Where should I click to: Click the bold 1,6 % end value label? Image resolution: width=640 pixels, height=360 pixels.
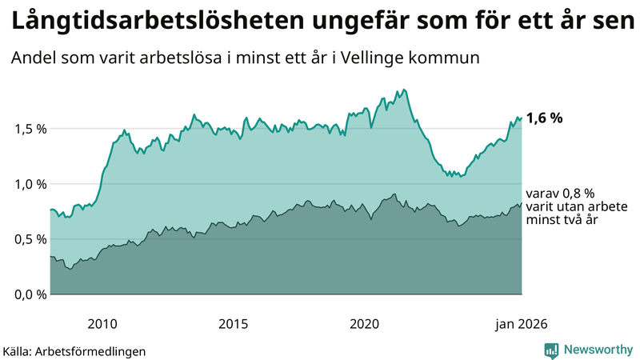click(x=544, y=118)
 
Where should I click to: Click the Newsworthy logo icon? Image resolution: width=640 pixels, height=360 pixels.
click(x=551, y=350)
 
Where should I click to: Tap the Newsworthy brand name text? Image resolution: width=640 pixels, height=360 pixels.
click(x=598, y=350)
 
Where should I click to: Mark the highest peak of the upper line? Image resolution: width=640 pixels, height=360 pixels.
click(x=404, y=90)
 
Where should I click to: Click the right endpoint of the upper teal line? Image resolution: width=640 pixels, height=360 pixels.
click(x=522, y=118)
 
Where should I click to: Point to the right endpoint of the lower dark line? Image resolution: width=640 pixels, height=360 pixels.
click(x=522, y=203)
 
